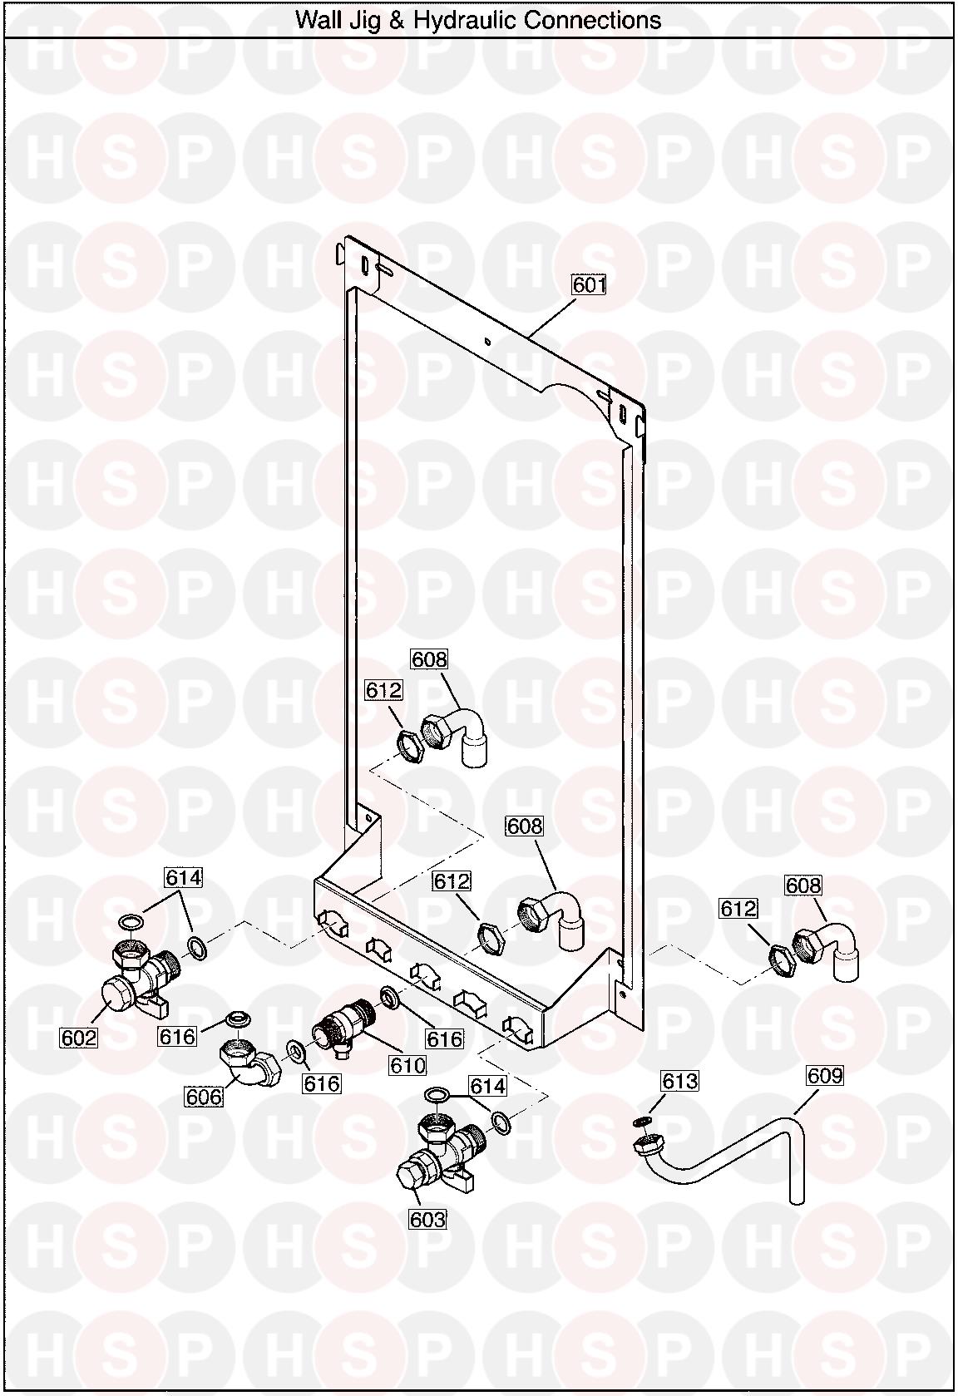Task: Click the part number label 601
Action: point(589,285)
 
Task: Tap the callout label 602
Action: point(79,1038)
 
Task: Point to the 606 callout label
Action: point(204,1096)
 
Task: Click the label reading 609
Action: point(825,1075)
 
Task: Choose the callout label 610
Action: point(407,1065)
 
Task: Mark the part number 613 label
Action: point(679,1080)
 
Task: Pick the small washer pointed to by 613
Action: point(640,1122)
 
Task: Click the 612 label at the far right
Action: point(738,908)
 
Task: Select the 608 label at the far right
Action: point(803,885)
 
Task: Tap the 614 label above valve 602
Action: point(183,877)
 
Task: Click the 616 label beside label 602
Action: point(178,1037)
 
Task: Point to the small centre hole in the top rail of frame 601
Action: point(488,340)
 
